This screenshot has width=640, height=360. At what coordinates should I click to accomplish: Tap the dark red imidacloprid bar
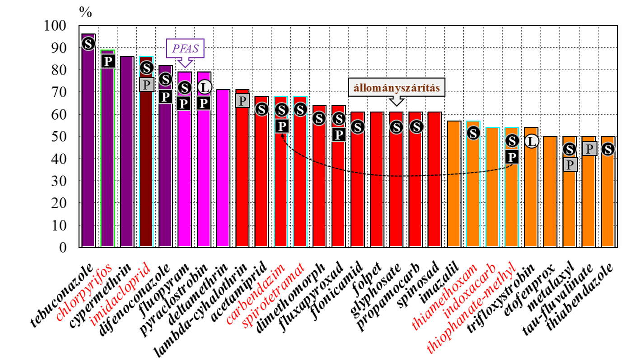tap(146, 181)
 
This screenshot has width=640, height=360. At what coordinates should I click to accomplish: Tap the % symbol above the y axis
tap(85, 12)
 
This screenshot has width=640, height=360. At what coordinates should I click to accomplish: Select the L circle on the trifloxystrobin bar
tap(532, 141)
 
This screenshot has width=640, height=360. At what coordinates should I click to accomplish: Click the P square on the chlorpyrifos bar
tap(107, 61)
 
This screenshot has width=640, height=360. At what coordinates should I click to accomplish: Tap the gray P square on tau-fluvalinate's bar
tap(589, 148)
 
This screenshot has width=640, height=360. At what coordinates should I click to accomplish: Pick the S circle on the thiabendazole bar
tap(608, 149)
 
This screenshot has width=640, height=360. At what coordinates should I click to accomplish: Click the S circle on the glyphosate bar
tap(396, 127)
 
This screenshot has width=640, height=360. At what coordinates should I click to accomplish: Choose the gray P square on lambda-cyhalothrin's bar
tap(243, 101)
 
